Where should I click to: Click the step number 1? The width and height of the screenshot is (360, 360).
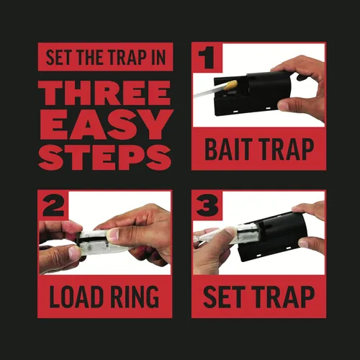206,58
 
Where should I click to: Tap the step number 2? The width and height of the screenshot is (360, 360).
53,204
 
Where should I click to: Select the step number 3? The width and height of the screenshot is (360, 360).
207,205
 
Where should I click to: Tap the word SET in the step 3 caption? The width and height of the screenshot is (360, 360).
222,297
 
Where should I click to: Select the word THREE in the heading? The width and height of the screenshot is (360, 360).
104,93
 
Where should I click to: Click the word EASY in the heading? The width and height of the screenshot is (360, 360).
106,125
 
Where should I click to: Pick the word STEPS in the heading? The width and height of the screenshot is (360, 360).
104,157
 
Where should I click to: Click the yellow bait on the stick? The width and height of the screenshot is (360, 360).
232,85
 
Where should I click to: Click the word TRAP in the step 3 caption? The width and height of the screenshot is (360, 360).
284,297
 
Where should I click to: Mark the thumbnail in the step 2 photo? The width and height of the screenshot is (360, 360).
113,235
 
